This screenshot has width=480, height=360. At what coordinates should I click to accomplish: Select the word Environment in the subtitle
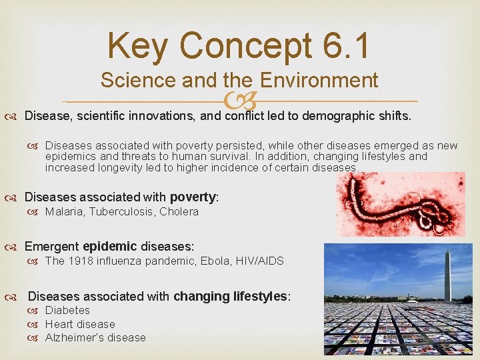click(319, 81)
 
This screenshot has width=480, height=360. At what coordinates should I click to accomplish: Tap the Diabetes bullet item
click(67, 311)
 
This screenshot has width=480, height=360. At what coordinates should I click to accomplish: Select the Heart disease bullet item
click(80, 324)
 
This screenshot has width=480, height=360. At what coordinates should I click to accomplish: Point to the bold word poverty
click(193, 197)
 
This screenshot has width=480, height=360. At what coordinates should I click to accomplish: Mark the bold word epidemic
click(109, 247)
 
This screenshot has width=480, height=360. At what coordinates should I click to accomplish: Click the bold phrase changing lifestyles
click(229, 296)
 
